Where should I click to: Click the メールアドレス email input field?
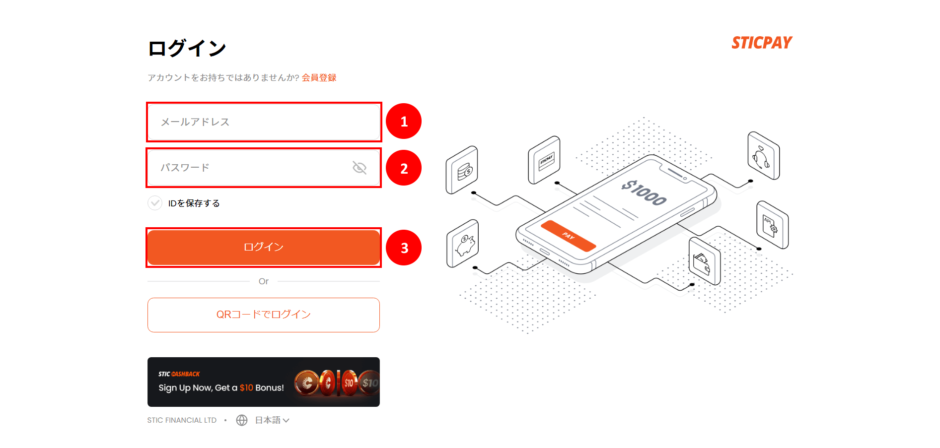263,122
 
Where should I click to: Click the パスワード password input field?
248,168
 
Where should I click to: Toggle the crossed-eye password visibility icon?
360,168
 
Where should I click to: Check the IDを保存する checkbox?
155,203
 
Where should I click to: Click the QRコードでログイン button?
263,315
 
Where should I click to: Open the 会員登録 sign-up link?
319,77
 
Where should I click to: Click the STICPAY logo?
762,43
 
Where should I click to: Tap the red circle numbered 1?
404,121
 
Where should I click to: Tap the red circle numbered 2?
404,168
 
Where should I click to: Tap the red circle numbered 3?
404,248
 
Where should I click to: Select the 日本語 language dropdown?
272,420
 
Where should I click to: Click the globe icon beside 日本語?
242,420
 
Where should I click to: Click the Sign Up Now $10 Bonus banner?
263,382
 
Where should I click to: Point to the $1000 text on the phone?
644,193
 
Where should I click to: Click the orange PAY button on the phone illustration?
568,236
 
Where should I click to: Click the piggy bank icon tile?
463,244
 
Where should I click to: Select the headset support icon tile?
763,156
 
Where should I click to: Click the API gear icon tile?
772,225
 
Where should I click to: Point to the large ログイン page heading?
187,49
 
